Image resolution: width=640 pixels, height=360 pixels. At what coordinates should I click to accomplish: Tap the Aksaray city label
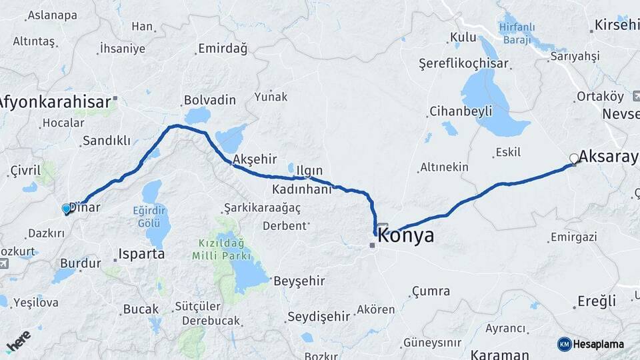point(608,157)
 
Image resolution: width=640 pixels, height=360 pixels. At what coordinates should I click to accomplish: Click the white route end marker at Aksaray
point(574,159)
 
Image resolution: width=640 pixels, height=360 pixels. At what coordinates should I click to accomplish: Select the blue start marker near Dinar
point(66,209)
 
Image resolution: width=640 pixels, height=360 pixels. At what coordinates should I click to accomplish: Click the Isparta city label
point(141,254)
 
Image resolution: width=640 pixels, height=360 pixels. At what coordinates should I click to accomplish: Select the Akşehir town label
point(255,160)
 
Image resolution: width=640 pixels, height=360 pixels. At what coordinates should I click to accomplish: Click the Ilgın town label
point(310,170)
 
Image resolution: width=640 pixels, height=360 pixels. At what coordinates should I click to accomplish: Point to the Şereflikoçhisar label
point(463,64)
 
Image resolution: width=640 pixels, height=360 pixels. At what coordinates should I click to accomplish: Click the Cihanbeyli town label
point(460,111)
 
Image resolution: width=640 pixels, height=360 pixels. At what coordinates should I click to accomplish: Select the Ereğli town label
point(596,301)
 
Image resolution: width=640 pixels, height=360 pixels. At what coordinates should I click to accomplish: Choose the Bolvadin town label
point(209,100)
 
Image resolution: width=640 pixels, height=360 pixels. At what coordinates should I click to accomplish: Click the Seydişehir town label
point(318,317)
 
